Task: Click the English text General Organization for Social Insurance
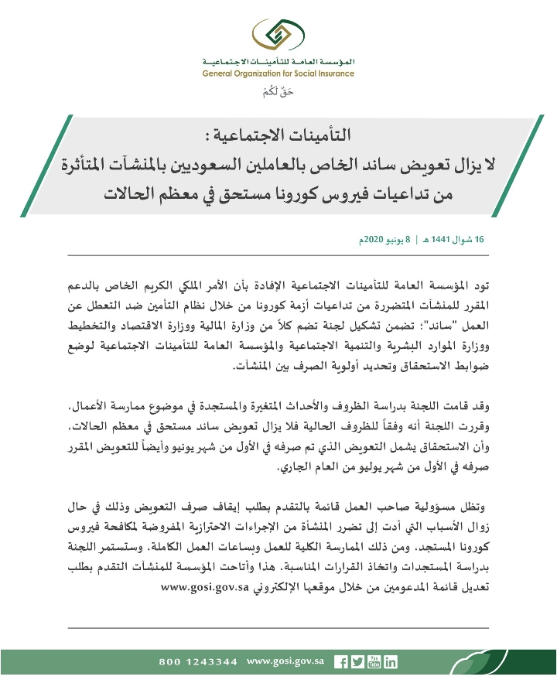(x=278, y=74)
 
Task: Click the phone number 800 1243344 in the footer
(x=199, y=662)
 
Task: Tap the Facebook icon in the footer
(x=340, y=662)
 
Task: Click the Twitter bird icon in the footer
(x=357, y=662)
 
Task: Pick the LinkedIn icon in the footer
(x=391, y=662)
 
